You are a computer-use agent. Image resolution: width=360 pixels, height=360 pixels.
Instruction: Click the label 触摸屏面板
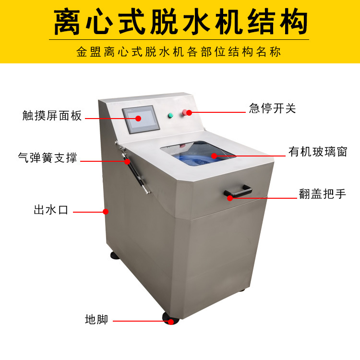pos(52,116)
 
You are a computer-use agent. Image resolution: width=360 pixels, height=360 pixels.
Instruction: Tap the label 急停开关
pos(272,108)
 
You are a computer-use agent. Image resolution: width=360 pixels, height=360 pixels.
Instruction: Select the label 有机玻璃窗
pos(317,152)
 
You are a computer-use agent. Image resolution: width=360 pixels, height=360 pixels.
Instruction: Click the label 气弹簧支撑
pos(48,157)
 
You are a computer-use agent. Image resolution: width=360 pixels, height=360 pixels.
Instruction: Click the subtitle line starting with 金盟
pos(180,52)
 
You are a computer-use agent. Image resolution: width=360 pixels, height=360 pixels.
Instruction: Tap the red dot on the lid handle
pos(229,197)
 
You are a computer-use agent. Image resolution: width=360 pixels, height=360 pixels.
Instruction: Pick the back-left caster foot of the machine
pos(115,255)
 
